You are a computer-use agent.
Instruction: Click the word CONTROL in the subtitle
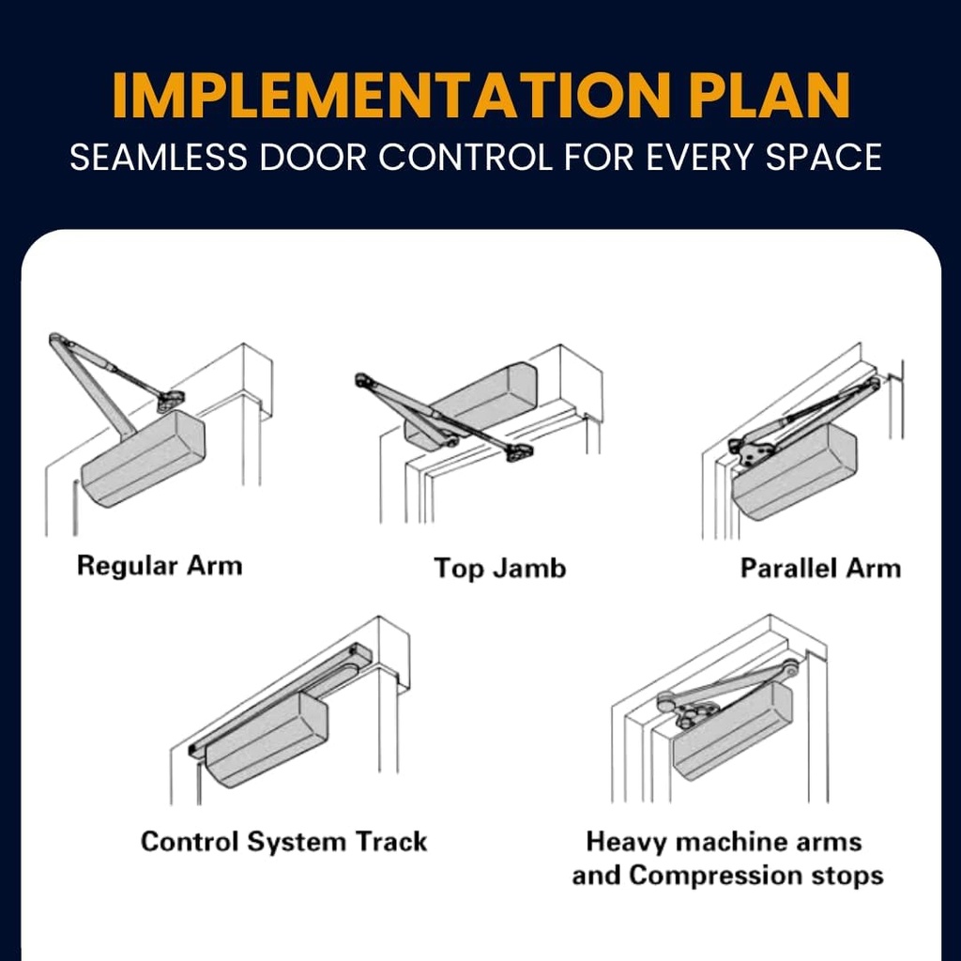point(465,157)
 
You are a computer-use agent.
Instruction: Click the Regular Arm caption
point(159,566)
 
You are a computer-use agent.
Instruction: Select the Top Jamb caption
point(499,568)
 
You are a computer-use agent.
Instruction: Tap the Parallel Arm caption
point(819,568)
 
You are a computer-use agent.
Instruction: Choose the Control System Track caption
point(283,841)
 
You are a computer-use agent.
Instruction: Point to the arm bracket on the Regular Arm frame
point(170,402)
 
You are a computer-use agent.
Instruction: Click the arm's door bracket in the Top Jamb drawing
point(518,452)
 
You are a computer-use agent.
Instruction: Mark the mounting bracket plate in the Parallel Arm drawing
point(751,451)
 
